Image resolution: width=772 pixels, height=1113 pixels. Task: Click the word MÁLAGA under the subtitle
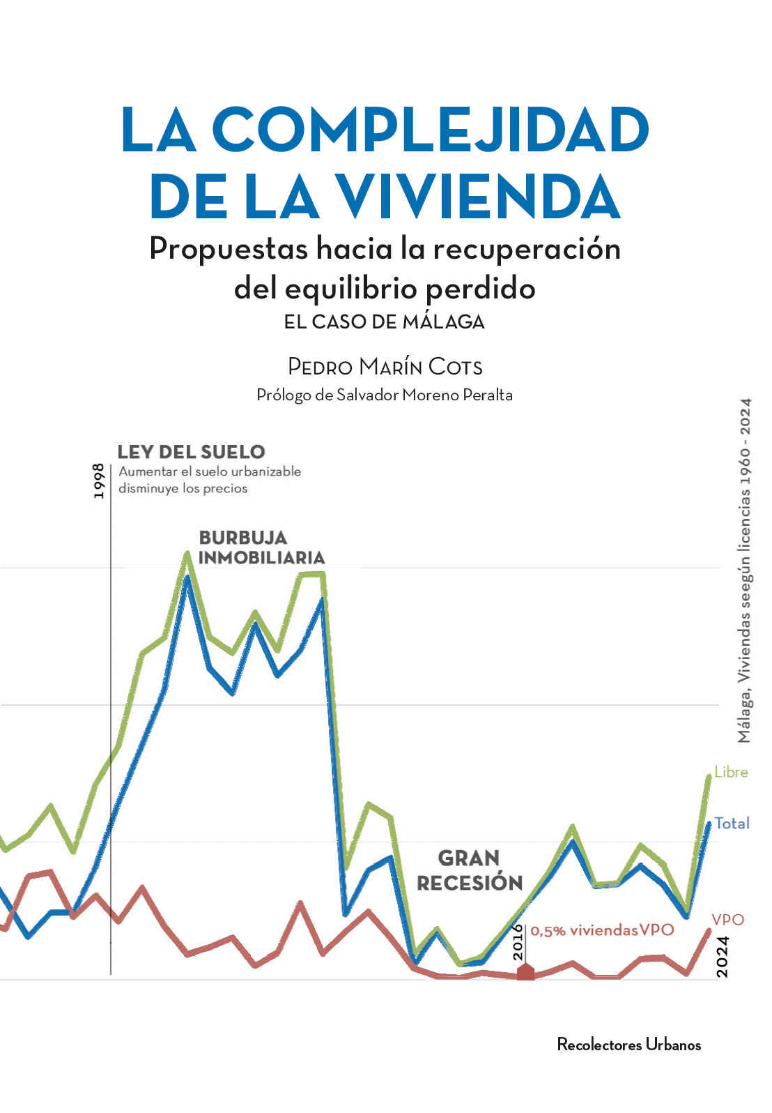click(443, 322)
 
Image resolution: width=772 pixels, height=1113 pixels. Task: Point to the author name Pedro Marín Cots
click(385, 367)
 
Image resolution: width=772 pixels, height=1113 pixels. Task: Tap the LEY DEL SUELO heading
click(191, 452)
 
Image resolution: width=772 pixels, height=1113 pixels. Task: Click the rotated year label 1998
click(99, 480)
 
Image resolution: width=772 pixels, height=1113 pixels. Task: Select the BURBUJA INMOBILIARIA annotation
click(261, 547)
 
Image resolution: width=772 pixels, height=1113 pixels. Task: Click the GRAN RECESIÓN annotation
click(470, 870)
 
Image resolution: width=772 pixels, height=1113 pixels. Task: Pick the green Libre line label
click(731, 772)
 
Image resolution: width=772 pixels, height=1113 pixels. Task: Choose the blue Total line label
click(732, 824)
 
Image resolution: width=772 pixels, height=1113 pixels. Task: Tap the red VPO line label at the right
click(728, 920)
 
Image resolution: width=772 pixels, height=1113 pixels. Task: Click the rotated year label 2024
click(723, 957)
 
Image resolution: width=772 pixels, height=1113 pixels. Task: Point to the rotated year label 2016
click(518, 943)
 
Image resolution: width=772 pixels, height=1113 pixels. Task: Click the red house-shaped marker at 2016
click(525, 971)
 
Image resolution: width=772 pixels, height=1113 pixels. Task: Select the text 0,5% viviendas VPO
click(602, 930)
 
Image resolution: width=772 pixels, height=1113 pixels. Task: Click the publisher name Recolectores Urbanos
click(628, 1045)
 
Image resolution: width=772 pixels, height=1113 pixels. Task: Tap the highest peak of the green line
click(187, 554)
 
